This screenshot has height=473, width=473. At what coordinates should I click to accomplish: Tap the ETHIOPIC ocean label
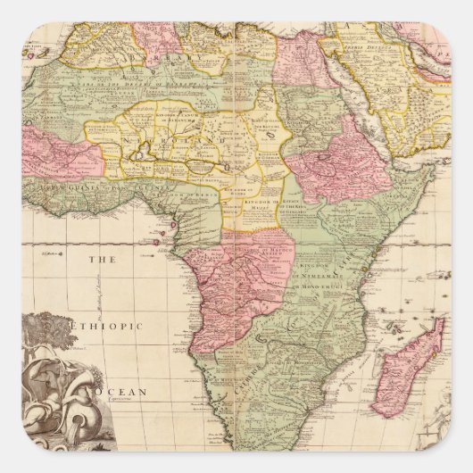109,327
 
